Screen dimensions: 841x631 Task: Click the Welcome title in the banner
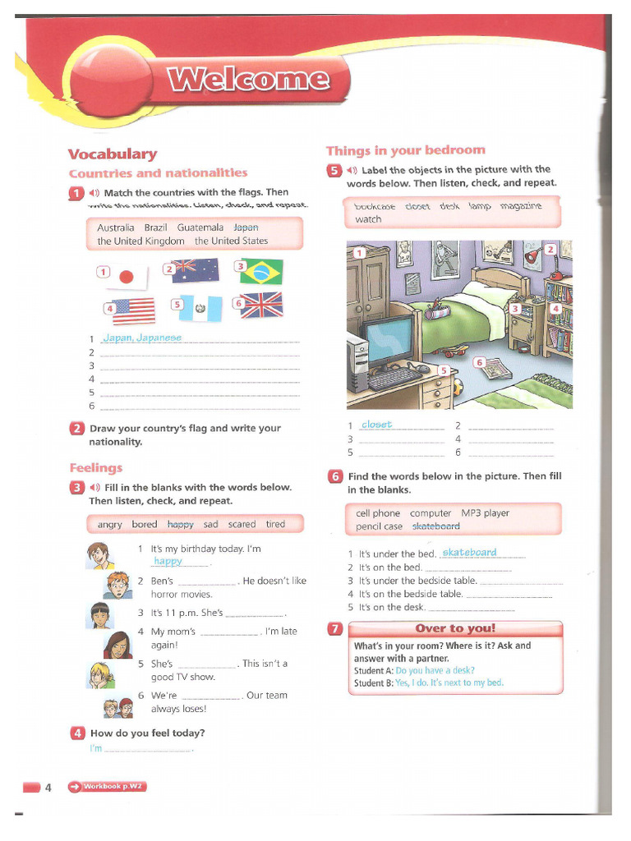click(249, 80)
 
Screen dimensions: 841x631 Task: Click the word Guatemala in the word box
click(200, 227)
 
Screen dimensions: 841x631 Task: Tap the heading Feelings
click(95, 467)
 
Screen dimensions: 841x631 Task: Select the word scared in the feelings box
click(242, 524)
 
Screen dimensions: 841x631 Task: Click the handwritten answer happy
click(168, 561)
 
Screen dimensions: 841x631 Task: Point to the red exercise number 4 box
click(77, 733)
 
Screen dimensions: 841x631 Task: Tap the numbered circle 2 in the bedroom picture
click(550, 249)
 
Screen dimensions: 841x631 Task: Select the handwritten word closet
click(377, 425)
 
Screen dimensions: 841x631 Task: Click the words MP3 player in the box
click(485, 513)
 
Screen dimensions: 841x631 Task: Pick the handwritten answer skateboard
click(469, 552)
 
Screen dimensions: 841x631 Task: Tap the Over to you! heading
click(455, 629)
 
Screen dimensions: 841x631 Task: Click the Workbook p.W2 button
click(107, 786)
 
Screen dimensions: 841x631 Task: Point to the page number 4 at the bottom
click(48, 788)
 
